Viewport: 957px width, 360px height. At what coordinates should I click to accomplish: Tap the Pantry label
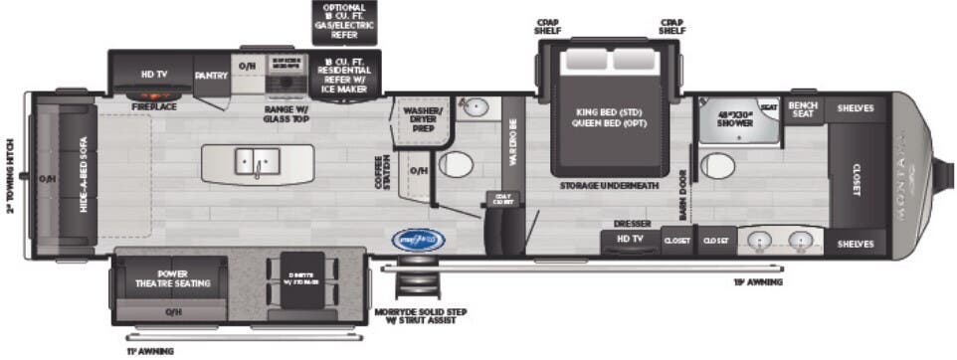(x=211, y=75)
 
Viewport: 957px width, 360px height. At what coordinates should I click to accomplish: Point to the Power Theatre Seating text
(x=172, y=277)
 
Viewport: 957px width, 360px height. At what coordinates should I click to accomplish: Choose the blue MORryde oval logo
(x=415, y=240)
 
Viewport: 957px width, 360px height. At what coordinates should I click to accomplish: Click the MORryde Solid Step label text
(x=421, y=316)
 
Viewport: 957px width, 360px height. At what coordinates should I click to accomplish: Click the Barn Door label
(x=685, y=194)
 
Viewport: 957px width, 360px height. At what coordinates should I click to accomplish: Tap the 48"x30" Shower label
(x=737, y=120)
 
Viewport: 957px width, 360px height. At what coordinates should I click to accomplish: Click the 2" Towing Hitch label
(x=11, y=174)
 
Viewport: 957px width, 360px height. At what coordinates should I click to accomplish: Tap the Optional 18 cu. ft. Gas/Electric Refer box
(x=344, y=22)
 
